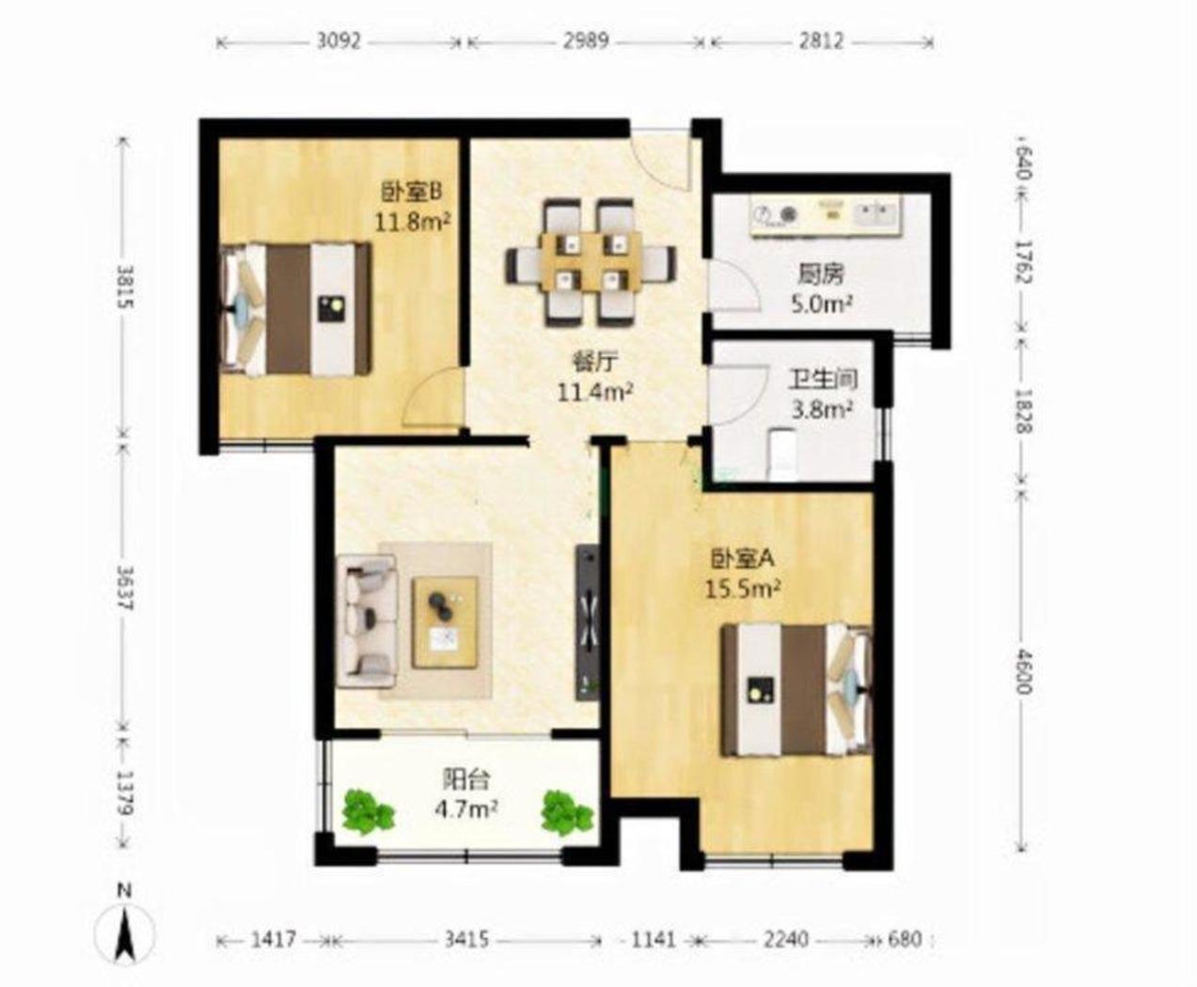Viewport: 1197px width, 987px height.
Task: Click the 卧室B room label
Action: click(x=412, y=193)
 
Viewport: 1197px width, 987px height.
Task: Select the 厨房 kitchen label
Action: click(x=821, y=275)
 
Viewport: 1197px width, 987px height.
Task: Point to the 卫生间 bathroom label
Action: click(x=823, y=380)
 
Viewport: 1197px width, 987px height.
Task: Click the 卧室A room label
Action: click(x=743, y=559)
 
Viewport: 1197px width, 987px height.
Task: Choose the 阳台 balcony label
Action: click(x=466, y=779)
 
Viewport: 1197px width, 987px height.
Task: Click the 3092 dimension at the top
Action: click(x=339, y=41)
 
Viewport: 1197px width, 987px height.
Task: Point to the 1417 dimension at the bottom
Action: click(x=274, y=939)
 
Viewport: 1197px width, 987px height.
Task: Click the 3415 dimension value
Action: click(x=466, y=939)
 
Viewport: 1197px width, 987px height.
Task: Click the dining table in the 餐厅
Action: click(x=591, y=262)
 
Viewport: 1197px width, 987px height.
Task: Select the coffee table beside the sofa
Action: click(x=446, y=622)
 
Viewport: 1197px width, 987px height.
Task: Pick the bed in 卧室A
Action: click(x=796, y=690)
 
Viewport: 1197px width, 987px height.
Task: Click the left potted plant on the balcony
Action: click(x=368, y=812)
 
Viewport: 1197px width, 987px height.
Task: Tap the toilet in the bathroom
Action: click(x=782, y=454)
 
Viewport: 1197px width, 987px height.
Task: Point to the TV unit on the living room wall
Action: click(x=589, y=622)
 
